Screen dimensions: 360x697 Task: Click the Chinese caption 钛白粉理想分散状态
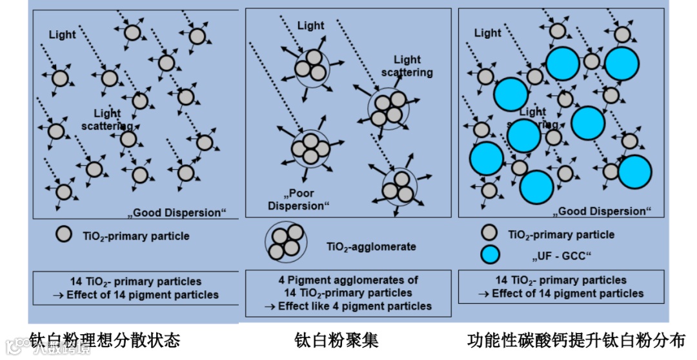coord(105,339)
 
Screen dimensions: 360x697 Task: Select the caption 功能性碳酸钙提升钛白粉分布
coord(576,339)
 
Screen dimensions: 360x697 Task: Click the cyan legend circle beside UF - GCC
coord(490,255)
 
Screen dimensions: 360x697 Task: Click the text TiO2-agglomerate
coord(371,246)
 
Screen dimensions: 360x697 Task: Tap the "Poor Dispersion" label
coord(298,199)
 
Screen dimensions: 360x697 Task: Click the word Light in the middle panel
coord(310,26)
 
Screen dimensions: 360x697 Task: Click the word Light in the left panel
coord(62,34)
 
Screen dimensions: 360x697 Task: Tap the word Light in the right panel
coord(487,33)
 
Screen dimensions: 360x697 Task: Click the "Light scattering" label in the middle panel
coord(407,66)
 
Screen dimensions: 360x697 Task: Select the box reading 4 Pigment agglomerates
coord(348,293)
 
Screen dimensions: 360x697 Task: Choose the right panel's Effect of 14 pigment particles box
coord(561,286)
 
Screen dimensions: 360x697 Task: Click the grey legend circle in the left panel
coord(63,235)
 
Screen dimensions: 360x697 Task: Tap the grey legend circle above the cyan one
coord(490,234)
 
